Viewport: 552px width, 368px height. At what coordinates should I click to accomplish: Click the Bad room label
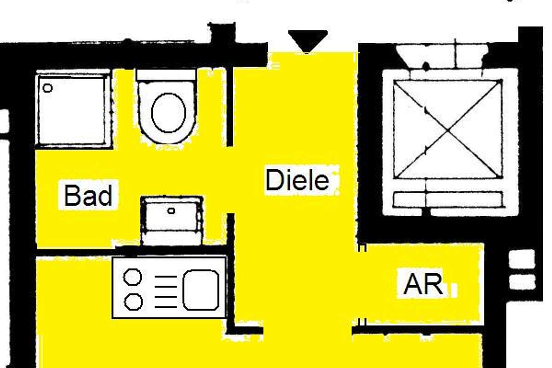88,195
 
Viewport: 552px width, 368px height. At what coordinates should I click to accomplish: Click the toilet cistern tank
166,75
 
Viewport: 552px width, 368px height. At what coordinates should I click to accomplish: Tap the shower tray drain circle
47,87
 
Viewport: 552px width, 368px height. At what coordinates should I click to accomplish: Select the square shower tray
73,110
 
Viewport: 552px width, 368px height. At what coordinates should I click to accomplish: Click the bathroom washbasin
171,220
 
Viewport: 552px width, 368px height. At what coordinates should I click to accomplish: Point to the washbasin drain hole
171,211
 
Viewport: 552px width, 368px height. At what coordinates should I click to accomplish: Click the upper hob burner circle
133,277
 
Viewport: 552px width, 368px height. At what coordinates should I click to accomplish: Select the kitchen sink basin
201,290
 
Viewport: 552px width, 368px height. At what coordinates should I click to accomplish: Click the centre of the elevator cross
448,129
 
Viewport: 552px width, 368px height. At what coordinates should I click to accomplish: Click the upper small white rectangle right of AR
522,259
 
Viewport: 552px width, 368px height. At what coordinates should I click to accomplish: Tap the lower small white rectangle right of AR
522,282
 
